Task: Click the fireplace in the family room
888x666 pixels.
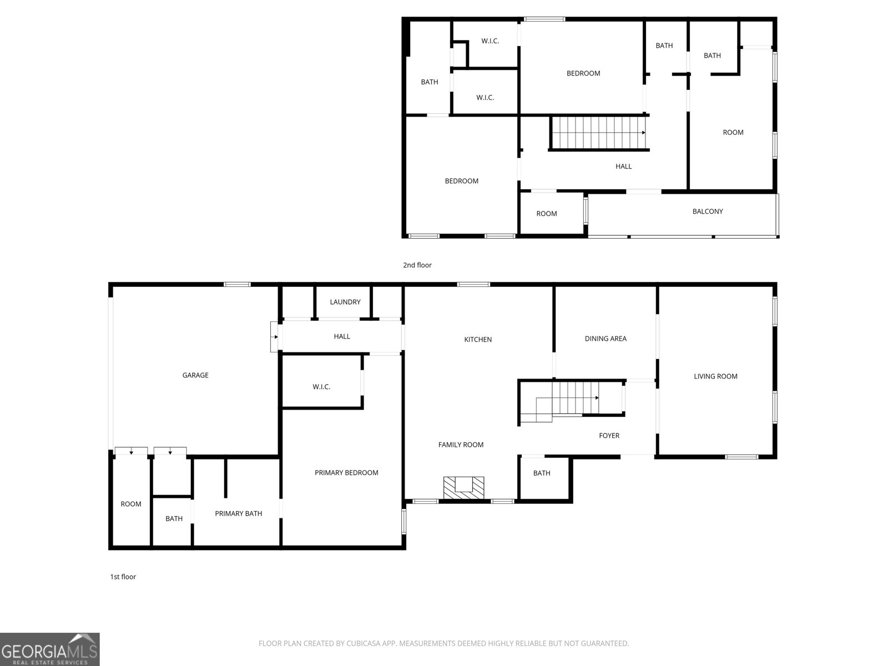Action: click(x=463, y=488)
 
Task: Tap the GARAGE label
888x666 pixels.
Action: click(x=195, y=375)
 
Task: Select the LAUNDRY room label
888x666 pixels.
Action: click(x=345, y=302)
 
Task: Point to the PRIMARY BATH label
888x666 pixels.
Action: click(x=238, y=513)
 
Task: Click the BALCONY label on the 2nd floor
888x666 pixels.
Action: click(x=708, y=211)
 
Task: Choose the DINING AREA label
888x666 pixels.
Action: click(x=606, y=339)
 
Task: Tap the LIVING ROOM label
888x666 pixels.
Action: click(x=715, y=376)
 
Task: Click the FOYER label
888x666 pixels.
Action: click(x=609, y=436)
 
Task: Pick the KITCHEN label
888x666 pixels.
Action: click(x=478, y=340)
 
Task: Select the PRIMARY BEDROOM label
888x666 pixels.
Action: click(x=346, y=473)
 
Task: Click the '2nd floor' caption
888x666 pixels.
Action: click(x=417, y=265)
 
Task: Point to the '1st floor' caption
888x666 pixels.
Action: click(x=123, y=577)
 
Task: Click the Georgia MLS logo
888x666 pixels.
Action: click(x=50, y=649)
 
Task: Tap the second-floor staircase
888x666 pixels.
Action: click(x=599, y=133)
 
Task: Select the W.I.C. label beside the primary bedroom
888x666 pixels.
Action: click(x=321, y=387)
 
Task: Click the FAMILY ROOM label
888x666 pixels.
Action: click(x=461, y=445)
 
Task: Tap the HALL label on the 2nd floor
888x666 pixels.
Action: click(x=623, y=166)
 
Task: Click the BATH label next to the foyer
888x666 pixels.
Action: click(x=542, y=473)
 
